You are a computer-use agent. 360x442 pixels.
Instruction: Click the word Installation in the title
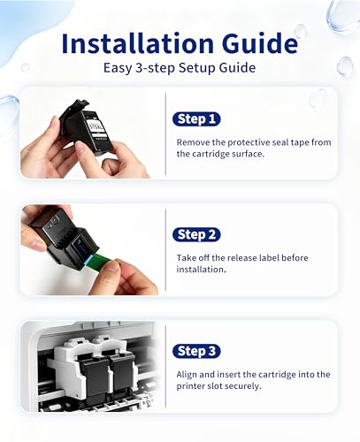(x=138, y=43)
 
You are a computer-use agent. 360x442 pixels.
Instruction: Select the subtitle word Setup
(x=197, y=68)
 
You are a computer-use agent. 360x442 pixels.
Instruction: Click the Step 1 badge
(x=196, y=119)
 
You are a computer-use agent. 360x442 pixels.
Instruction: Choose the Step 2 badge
(x=196, y=235)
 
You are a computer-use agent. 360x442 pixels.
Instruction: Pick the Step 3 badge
(x=196, y=351)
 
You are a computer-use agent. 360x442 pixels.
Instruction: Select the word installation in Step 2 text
(x=201, y=270)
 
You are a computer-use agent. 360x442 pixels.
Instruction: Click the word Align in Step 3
(x=187, y=375)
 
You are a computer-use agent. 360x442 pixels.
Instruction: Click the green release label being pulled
(x=99, y=261)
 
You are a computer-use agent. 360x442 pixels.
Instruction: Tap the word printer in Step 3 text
(x=190, y=386)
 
